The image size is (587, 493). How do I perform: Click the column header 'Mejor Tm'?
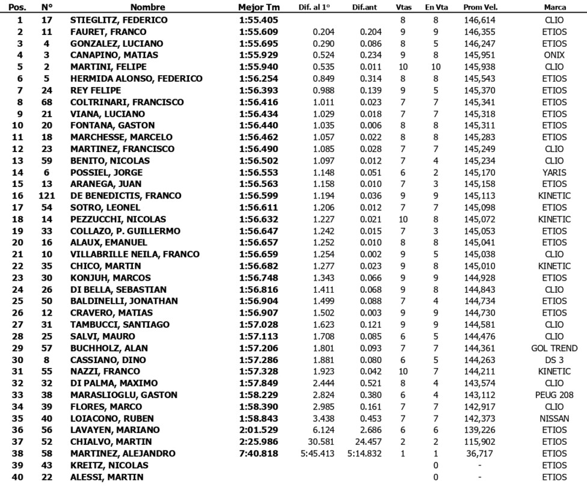coord(259,8)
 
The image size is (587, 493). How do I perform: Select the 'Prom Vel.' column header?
coord(480,8)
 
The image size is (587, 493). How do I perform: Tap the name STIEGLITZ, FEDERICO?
coord(118,20)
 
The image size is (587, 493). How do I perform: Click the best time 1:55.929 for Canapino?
coord(257,55)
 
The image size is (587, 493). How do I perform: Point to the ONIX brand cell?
coord(554,55)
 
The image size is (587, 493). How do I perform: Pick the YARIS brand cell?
coord(554,173)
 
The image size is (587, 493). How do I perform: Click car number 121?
coord(46,196)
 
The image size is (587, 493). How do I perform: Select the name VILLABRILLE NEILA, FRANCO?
coord(135,254)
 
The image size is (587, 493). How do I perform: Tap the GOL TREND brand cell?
coord(554,348)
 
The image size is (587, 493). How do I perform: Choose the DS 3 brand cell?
coord(554,360)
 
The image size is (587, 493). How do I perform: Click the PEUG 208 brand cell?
coord(554,395)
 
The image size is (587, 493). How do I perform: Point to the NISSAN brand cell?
coord(554,418)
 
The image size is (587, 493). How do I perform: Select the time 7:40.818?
coord(257,453)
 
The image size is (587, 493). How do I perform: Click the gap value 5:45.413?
coord(318,453)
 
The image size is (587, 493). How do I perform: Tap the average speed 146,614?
coord(480,20)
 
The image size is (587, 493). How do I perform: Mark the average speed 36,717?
coord(480,453)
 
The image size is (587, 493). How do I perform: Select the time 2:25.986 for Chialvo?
coord(257,442)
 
